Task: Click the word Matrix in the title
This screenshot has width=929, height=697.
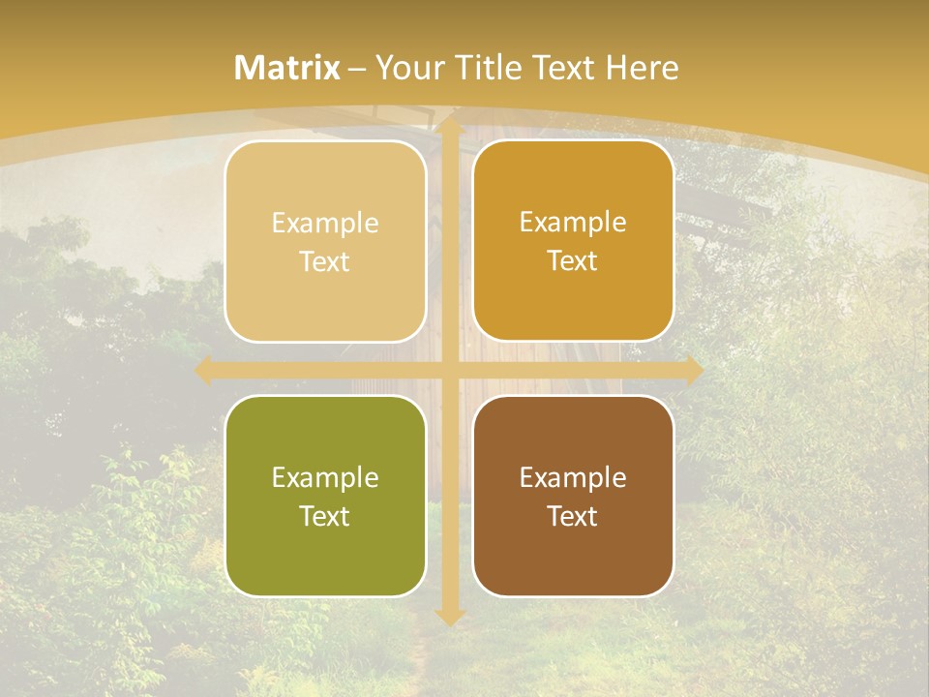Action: coord(287,68)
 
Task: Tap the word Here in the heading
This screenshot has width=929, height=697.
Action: coord(642,68)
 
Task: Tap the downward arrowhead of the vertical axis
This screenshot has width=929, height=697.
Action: coord(450,615)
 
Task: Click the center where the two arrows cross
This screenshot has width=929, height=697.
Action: coord(450,371)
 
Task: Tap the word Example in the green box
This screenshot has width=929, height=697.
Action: coord(325,477)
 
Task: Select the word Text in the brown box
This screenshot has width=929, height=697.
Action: coord(573,516)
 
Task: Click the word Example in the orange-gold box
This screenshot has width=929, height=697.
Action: coord(573,223)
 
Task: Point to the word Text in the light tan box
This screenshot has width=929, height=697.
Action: coord(325,261)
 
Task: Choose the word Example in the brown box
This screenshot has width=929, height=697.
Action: coord(573,477)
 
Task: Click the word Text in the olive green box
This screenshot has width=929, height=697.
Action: coord(325,516)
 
